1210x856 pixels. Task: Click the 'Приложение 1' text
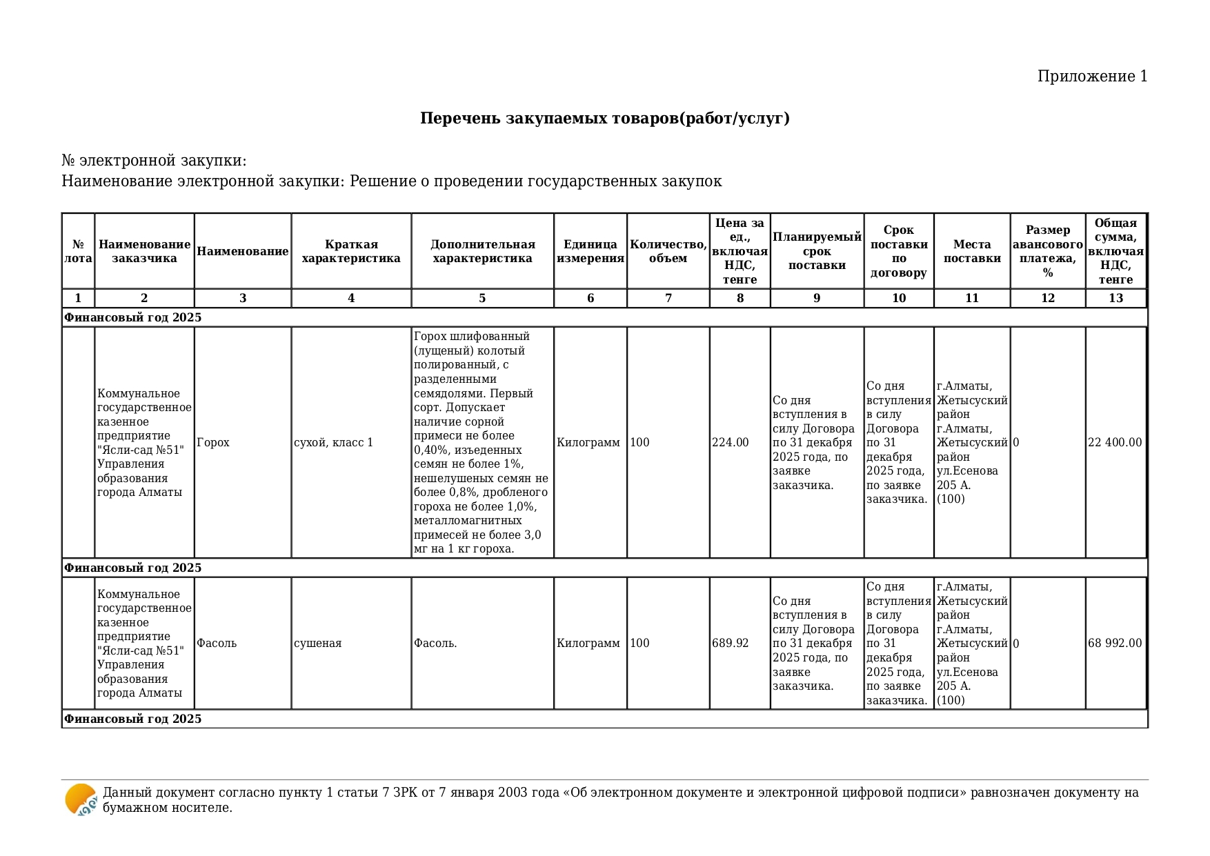click(1092, 77)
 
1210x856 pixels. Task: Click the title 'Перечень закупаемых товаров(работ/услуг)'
click(604, 119)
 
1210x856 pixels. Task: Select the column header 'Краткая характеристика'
click(351, 252)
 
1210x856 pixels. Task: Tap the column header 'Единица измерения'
click(590, 252)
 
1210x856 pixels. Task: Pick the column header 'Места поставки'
click(971, 252)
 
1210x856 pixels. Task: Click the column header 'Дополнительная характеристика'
click(482, 252)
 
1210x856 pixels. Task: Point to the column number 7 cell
click(668, 298)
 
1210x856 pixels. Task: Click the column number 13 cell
click(1115, 298)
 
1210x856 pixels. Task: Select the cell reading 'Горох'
click(213, 443)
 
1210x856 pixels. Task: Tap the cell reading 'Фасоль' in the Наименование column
click(217, 644)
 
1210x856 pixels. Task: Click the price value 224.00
click(730, 443)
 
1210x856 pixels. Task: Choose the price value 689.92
click(730, 644)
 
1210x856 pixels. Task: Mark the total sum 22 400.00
click(1115, 443)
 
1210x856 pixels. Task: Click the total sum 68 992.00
click(1115, 644)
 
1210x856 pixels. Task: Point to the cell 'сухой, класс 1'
click(333, 443)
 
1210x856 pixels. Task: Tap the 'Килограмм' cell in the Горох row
click(588, 443)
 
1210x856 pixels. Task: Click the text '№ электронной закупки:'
click(154, 161)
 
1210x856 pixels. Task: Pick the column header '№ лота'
click(78, 252)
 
